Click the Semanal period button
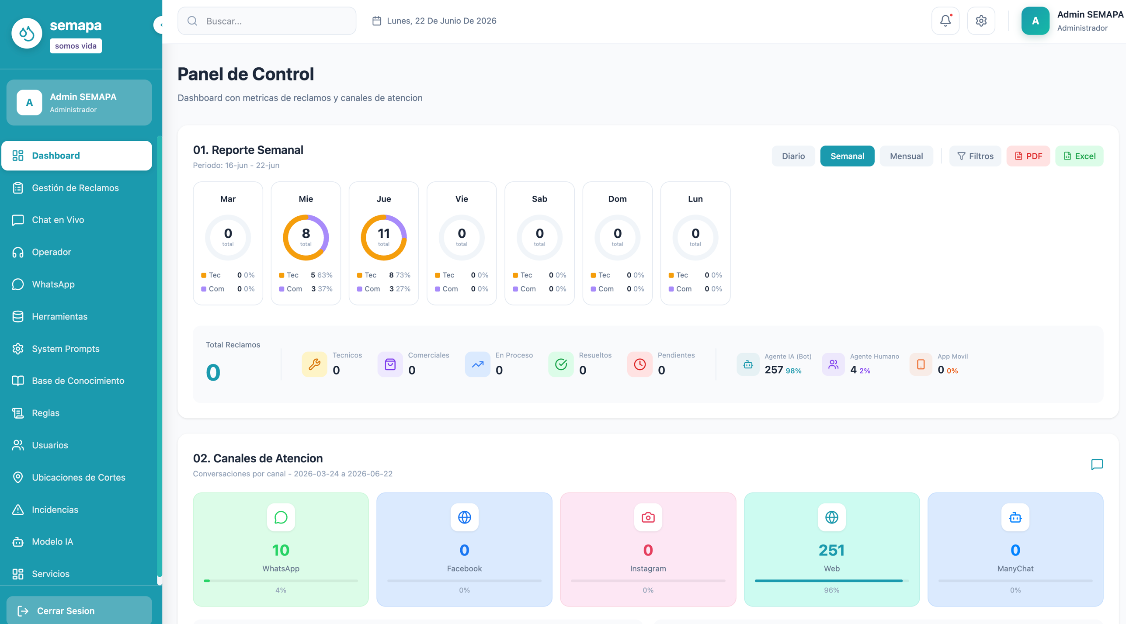pyautogui.click(x=847, y=156)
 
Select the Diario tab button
pyautogui.click(x=793, y=156)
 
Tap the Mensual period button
pyautogui.click(x=907, y=156)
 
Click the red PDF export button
pyautogui.click(x=1028, y=156)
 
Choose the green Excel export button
pyautogui.click(x=1079, y=156)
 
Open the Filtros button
pyautogui.click(x=975, y=156)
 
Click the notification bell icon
pyautogui.click(x=945, y=21)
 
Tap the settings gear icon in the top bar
pyautogui.click(x=981, y=21)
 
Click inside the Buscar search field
pyautogui.click(x=267, y=21)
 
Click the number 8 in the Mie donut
pyautogui.click(x=306, y=233)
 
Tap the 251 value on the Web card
pyautogui.click(x=831, y=550)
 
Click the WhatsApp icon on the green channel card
pyautogui.click(x=281, y=517)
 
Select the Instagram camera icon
pyautogui.click(x=648, y=517)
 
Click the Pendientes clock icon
pyautogui.click(x=640, y=364)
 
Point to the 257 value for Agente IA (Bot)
pyautogui.click(x=774, y=370)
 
